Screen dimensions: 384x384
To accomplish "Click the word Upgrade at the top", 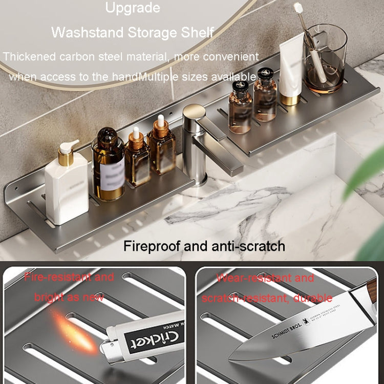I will (133, 8).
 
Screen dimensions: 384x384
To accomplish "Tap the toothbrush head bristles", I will (298, 8).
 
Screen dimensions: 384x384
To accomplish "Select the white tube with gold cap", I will (292, 72).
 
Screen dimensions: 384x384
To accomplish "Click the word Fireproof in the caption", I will (152, 246).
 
